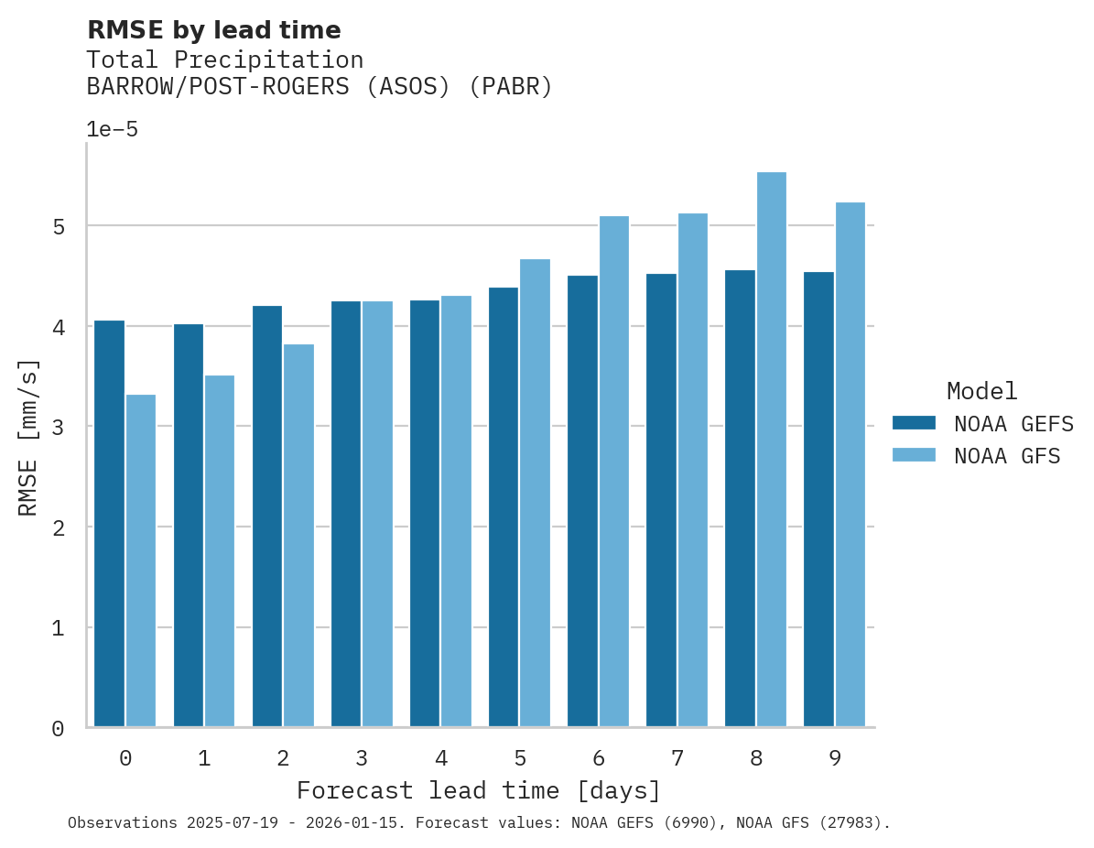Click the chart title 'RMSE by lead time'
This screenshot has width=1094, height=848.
tap(213, 30)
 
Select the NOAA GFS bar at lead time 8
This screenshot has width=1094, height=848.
tap(772, 449)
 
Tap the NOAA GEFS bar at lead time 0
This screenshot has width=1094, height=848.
tap(109, 523)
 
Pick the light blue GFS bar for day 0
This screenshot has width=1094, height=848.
tap(141, 560)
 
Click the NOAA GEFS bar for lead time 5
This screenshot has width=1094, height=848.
tap(504, 506)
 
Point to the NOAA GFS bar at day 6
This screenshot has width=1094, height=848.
tap(614, 472)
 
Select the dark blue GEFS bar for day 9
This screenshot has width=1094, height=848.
tap(818, 499)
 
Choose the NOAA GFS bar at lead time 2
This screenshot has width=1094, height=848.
tap(298, 536)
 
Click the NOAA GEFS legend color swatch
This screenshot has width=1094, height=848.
tap(914, 423)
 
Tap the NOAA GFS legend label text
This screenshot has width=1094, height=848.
tap(1007, 456)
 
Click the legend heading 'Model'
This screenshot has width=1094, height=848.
tap(981, 392)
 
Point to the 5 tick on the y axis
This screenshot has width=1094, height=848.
tap(58, 226)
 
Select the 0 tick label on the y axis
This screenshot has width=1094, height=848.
tap(58, 729)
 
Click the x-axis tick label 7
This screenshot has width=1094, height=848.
tap(677, 758)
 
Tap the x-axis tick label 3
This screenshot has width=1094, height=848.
tap(362, 758)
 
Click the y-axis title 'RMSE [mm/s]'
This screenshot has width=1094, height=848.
tap(29, 437)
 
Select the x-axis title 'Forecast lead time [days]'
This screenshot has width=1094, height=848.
tap(478, 790)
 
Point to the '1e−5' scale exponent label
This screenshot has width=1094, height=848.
tap(112, 130)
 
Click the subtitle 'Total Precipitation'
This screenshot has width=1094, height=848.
tap(224, 60)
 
